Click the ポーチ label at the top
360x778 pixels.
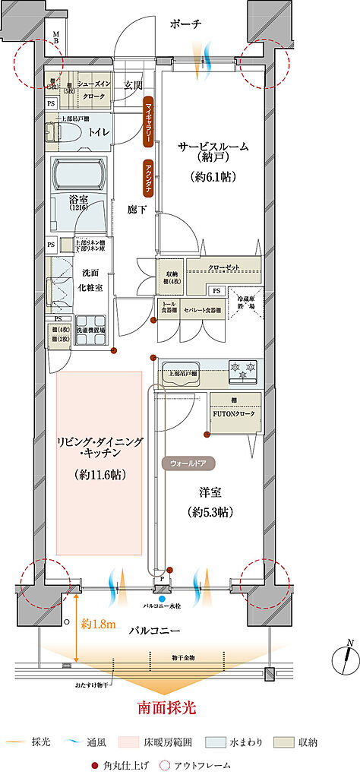point(185,24)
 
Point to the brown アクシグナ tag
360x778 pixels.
point(149,179)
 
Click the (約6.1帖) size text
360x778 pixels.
point(213,176)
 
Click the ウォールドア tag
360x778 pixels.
point(187,461)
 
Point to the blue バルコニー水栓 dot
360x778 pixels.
point(161,599)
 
